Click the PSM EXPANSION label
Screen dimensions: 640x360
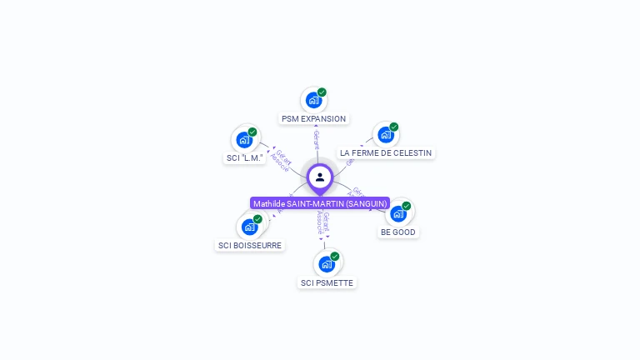313,119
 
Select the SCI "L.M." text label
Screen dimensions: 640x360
245,157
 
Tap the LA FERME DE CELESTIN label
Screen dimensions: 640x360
386,153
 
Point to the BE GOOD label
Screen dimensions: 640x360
397,232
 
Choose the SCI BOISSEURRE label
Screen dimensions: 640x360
250,246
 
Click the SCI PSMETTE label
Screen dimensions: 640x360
327,283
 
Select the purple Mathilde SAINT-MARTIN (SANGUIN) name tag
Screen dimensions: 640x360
320,203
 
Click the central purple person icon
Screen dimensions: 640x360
320,177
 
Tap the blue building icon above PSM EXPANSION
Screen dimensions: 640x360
313,100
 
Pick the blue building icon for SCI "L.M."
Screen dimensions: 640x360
244,139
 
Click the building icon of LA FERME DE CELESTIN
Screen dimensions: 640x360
385,134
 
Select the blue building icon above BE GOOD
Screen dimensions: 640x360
398,213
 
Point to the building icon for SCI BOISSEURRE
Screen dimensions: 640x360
249,227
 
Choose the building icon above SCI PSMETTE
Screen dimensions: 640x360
327,264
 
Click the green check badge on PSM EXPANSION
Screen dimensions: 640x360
322,92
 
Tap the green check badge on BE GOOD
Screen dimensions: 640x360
407,206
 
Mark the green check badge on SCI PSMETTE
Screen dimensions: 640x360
335,257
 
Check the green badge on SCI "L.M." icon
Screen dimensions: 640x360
252,132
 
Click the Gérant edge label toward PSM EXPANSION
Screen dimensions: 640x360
317,140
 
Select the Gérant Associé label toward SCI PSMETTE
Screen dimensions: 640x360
323,223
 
